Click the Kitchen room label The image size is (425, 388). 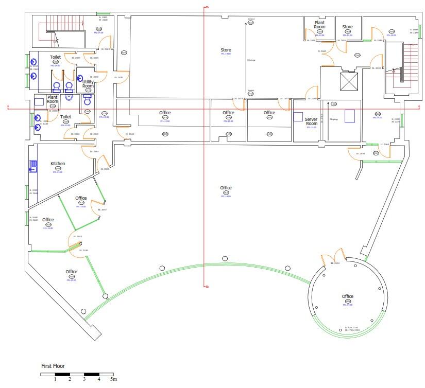[58, 164]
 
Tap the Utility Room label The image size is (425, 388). [88, 84]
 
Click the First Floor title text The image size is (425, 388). [53, 366]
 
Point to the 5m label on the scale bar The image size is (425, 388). [113, 379]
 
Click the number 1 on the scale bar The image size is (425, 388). [55, 379]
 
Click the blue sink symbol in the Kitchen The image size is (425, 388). [33, 166]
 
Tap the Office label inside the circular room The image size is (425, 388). [348, 296]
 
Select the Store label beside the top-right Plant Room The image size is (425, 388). [348, 27]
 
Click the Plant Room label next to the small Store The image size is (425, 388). [319, 25]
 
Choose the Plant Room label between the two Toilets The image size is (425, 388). [53, 99]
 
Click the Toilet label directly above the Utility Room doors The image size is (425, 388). [55, 57]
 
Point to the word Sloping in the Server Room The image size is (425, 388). [334, 119]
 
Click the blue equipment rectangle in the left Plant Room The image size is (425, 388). [39, 102]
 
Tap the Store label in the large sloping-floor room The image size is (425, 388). [226, 50]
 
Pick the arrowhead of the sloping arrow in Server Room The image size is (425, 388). [328, 103]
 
